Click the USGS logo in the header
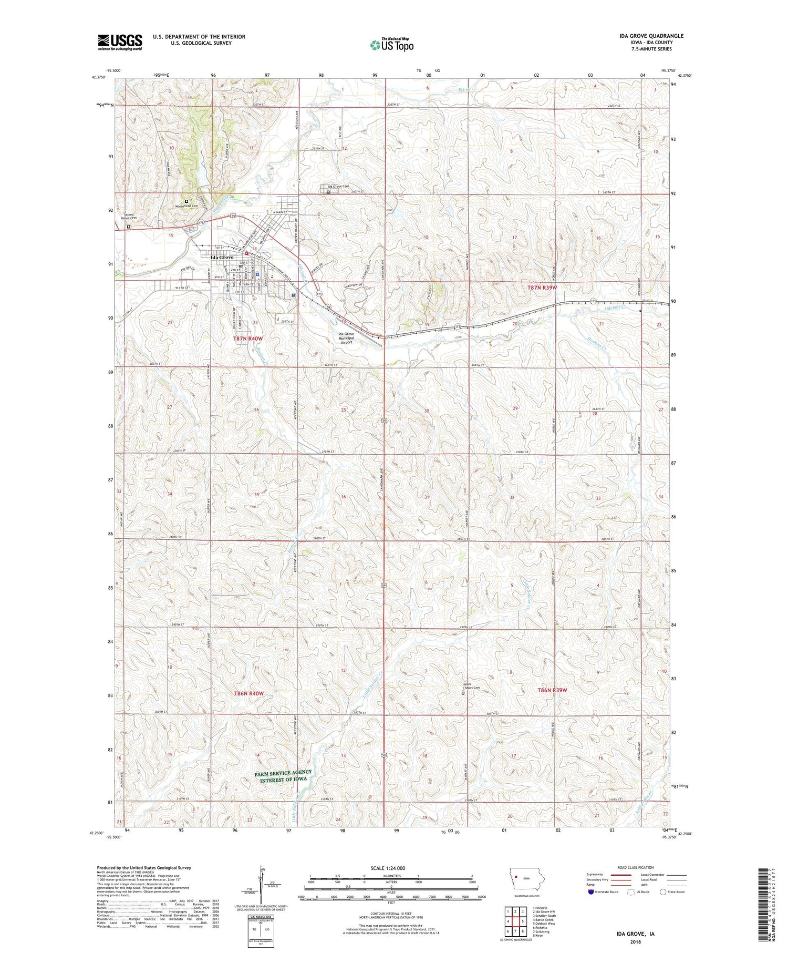(x=120, y=42)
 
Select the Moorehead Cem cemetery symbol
(x=186, y=201)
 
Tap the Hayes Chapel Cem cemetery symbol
(x=463, y=693)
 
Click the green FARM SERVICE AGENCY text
(x=283, y=773)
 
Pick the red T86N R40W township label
(x=248, y=694)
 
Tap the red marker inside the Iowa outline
(x=516, y=877)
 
